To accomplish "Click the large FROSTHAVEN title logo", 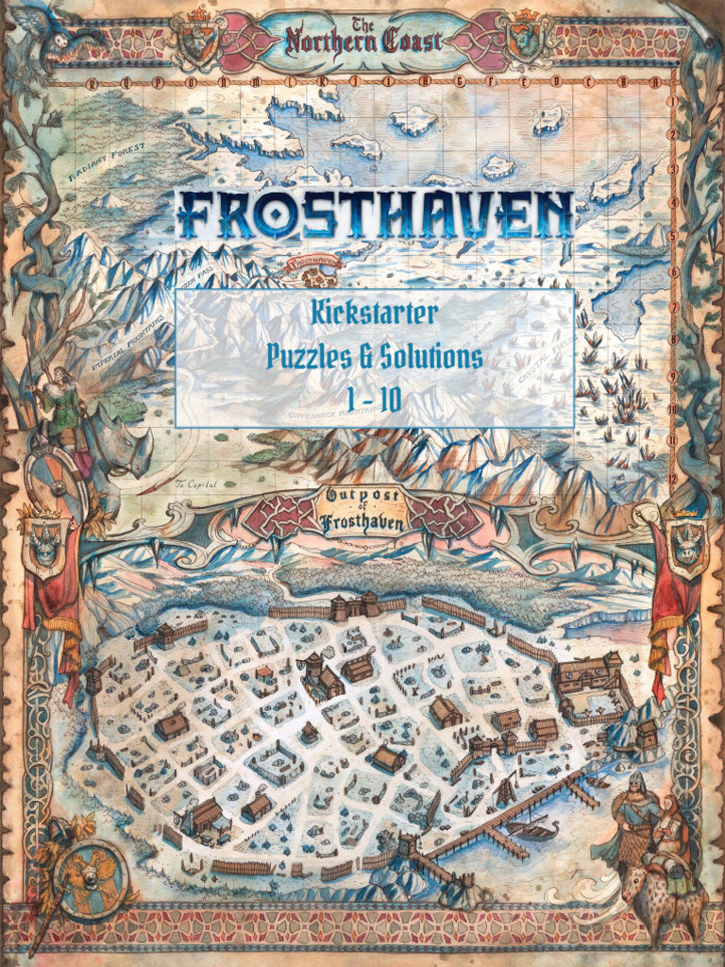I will [374, 215].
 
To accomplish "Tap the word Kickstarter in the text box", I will [375, 313].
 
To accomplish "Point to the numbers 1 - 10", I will [374, 400].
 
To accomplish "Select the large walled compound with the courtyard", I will [591, 685].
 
